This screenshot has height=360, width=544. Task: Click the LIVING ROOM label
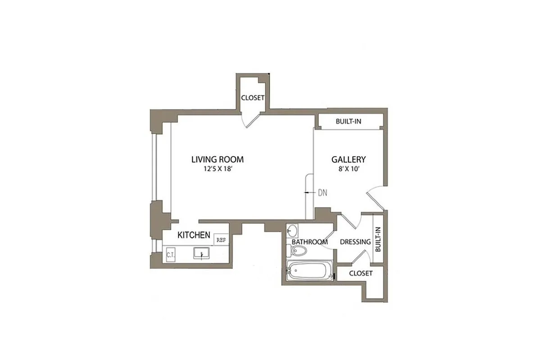click(218, 159)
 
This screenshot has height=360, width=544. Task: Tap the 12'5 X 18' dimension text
click(218, 170)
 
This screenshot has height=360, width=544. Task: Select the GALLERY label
click(349, 159)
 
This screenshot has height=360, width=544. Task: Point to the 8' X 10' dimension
click(349, 170)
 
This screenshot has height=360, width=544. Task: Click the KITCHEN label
click(194, 235)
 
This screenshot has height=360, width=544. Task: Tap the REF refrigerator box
click(221, 240)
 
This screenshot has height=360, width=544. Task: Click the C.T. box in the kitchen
click(171, 255)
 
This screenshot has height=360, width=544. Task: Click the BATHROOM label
click(309, 242)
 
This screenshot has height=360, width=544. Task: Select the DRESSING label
click(355, 242)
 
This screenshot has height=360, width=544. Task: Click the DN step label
click(322, 193)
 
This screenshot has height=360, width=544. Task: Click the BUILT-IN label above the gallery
click(349, 121)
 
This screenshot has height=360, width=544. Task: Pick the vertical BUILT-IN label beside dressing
click(378, 239)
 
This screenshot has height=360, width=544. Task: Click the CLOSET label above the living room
click(253, 98)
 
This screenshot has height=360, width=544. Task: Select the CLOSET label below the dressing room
click(361, 273)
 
